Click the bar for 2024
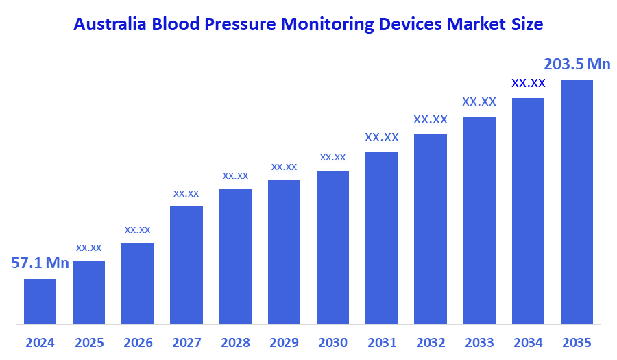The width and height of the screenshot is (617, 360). pyautogui.click(x=40, y=301)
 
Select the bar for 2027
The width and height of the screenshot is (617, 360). pyautogui.click(x=186, y=265)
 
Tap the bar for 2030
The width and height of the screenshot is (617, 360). pyautogui.click(x=332, y=247)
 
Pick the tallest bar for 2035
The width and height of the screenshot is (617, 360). pyautogui.click(x=577, y=202)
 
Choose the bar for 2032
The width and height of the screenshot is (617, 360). pyautogui.click(x=431, y=228)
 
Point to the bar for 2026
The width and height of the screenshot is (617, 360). pyautogui.click(x=138, y=283)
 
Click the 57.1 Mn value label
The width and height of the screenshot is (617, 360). pyautogui.click(x=40, y=263)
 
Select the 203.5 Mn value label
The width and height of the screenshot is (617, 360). pyautogui.click(x=577, y=64)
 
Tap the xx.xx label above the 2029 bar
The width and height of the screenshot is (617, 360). pyautogui.click(x=284, y=167)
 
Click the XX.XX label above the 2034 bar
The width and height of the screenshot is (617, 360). pyautogui.click(x=528, y=83)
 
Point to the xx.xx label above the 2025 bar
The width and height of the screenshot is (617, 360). pyautogui.click(x=88, y=248)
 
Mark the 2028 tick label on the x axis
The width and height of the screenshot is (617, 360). pyautogui.click(x=235, y=342)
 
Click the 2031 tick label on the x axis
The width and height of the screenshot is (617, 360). pyautogui.click(x=381, y=342)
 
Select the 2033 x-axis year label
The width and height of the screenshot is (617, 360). pyautogui.click(x=479, y=342)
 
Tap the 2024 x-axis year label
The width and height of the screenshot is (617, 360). pyautogui.click(x=40, y=342)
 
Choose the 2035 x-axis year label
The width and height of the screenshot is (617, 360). pyautogui.click(x=577, y=342)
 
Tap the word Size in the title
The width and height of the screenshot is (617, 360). pyautogui.click(x=527, y=25)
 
